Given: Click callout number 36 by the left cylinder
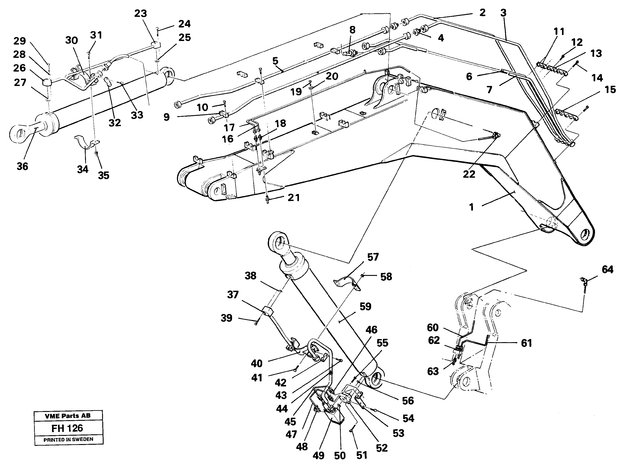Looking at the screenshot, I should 22,166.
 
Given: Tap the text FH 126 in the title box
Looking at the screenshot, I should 67,428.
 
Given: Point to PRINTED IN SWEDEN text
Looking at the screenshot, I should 68,439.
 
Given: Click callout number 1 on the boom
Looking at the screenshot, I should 471,207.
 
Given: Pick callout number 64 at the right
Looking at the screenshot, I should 607,269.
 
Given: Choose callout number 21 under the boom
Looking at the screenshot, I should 293,198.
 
